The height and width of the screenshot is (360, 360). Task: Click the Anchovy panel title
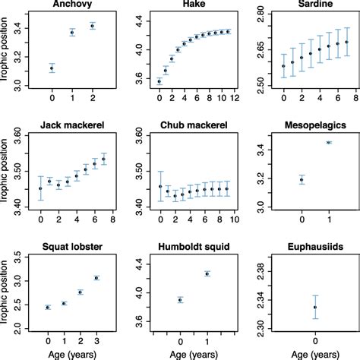[x=72, y=5]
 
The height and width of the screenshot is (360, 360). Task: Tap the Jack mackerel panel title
[x=72, y=125]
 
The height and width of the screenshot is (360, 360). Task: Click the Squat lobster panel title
[x=72, y=245]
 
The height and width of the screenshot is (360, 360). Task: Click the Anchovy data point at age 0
[x=52, y=68]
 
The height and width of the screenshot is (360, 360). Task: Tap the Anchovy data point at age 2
[x=93, y=26]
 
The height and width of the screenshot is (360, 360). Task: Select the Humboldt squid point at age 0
[x=180, y=300]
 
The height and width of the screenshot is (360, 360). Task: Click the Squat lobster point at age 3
[x=96, y=278]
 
